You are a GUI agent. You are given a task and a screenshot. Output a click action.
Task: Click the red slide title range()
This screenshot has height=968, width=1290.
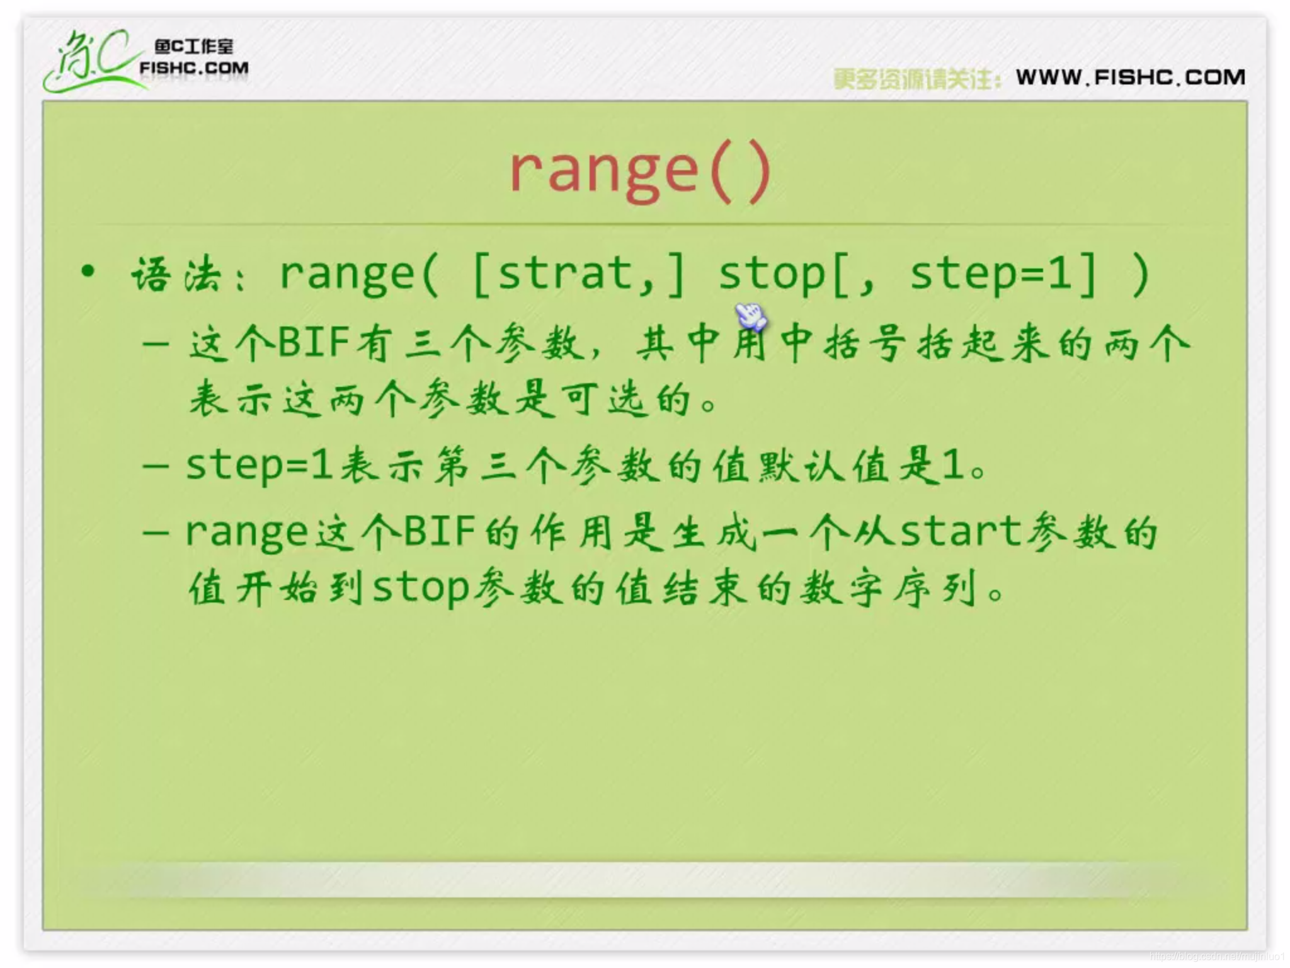(641, 171)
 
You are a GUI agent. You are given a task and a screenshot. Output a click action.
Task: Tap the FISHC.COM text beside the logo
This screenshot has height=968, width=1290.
(194, 68)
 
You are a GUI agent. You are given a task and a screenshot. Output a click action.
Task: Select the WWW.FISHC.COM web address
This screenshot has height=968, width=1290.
(1131, 78)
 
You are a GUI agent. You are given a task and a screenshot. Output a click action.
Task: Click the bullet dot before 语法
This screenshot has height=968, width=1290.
(88, 272)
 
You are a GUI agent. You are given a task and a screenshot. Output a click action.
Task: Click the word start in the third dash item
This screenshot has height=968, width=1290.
(961, 531)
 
